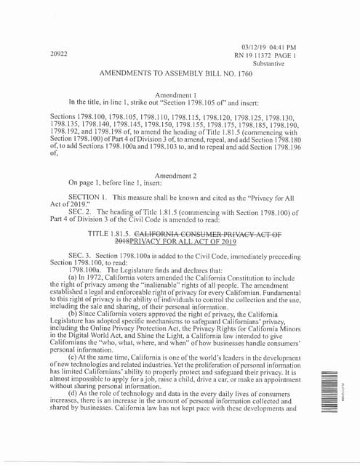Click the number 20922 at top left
(59, 54)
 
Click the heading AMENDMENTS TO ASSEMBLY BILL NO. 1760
(177, 74)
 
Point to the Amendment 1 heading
(176, 94)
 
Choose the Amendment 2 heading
(176, 176)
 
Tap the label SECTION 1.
(88, 198)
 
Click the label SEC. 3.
(81, 257)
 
